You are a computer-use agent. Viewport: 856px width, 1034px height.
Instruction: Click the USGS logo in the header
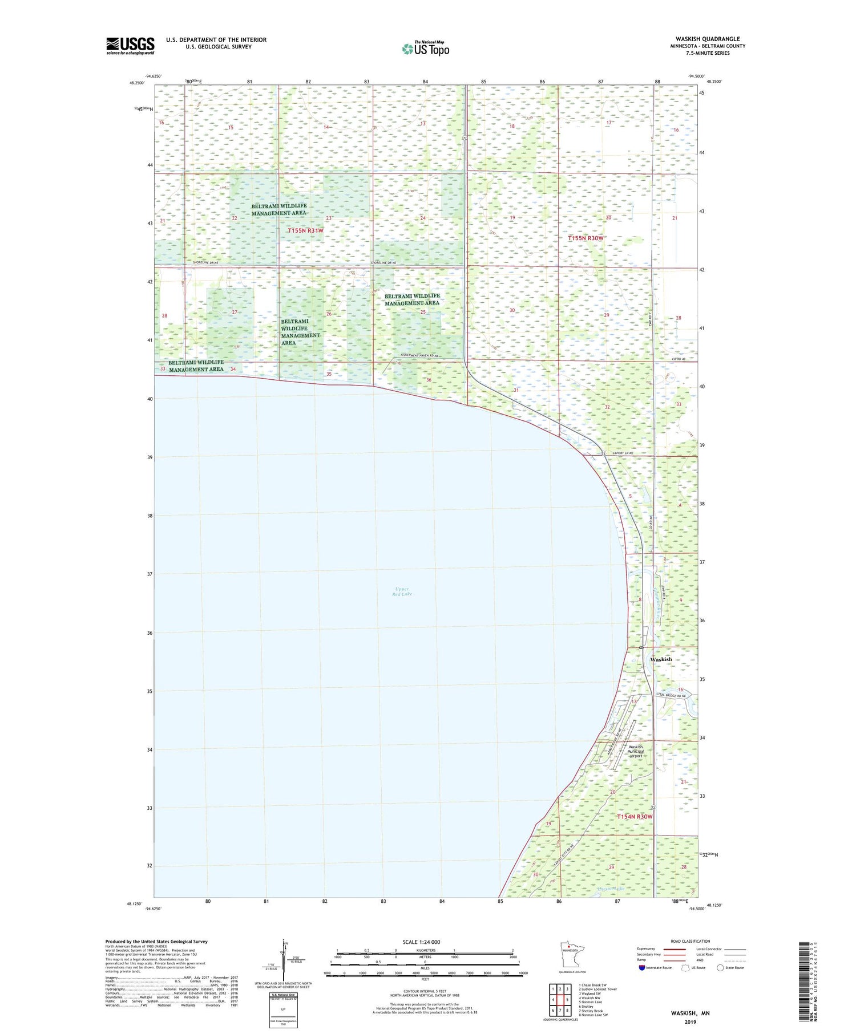point(130,46)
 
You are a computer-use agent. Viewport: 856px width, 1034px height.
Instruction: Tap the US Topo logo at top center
point(425,48)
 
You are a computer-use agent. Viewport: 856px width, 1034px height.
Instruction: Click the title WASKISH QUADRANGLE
point(708,39)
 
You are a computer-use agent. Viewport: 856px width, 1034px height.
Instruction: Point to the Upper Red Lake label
point(402,591)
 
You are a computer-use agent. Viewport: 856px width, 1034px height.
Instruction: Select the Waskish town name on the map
point(661,659)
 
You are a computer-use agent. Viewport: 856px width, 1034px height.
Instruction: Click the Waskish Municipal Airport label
point(636,751)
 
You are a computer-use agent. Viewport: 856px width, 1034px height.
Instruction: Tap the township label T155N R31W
point(305,230)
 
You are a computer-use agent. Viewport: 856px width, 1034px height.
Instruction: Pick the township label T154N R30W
point(634,817)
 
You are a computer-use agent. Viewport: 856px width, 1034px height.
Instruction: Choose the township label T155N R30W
point(586,238)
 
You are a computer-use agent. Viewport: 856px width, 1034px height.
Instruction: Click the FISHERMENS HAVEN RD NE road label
point(419,355)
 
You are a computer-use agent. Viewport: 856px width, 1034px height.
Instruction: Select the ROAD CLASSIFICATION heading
point(691,941)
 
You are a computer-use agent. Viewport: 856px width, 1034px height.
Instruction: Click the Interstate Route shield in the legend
point(642,968)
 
